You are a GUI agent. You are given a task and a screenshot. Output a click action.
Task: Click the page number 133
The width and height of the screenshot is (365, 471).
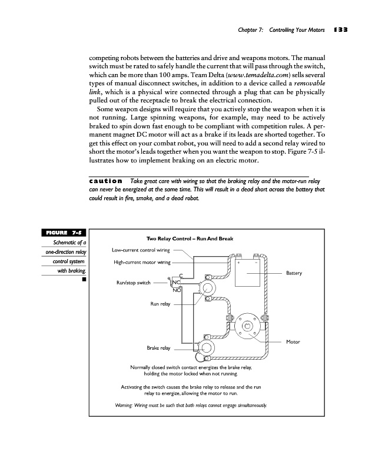coord(341,29)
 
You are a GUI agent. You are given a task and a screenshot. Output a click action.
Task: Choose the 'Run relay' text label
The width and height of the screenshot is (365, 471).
coord(160,304)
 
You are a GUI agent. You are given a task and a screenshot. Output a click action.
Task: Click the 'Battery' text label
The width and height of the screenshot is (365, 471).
coord(294,273)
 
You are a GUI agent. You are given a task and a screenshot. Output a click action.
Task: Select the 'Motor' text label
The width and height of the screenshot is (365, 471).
coord(293,341)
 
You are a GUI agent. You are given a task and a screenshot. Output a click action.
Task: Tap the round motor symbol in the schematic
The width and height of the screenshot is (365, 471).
coord(247,326)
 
